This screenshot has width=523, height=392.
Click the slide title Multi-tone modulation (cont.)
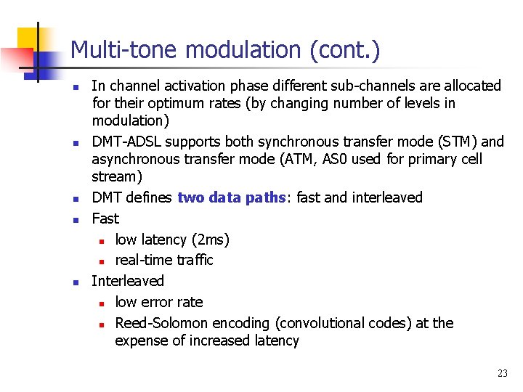pyautogui.click(x=225, y=50)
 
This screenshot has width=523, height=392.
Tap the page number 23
pyautogui.click(x=502, y=374)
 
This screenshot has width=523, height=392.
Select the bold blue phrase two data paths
pyautogui.click(x=232, y=197)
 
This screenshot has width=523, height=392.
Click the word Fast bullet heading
pyautogui.click(x=105, y=219)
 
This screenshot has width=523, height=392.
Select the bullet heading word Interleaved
pyautogui.click(x=128, y=281)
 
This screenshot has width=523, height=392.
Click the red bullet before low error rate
pyautogui.click(x=102, y=303)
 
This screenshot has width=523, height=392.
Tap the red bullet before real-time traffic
pyautogui.click(x=102, y=261)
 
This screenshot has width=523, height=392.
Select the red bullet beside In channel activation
pyautogui.click(x=75, y=86)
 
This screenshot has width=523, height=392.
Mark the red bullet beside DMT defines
pyautogui.click(x=75, y=198)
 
